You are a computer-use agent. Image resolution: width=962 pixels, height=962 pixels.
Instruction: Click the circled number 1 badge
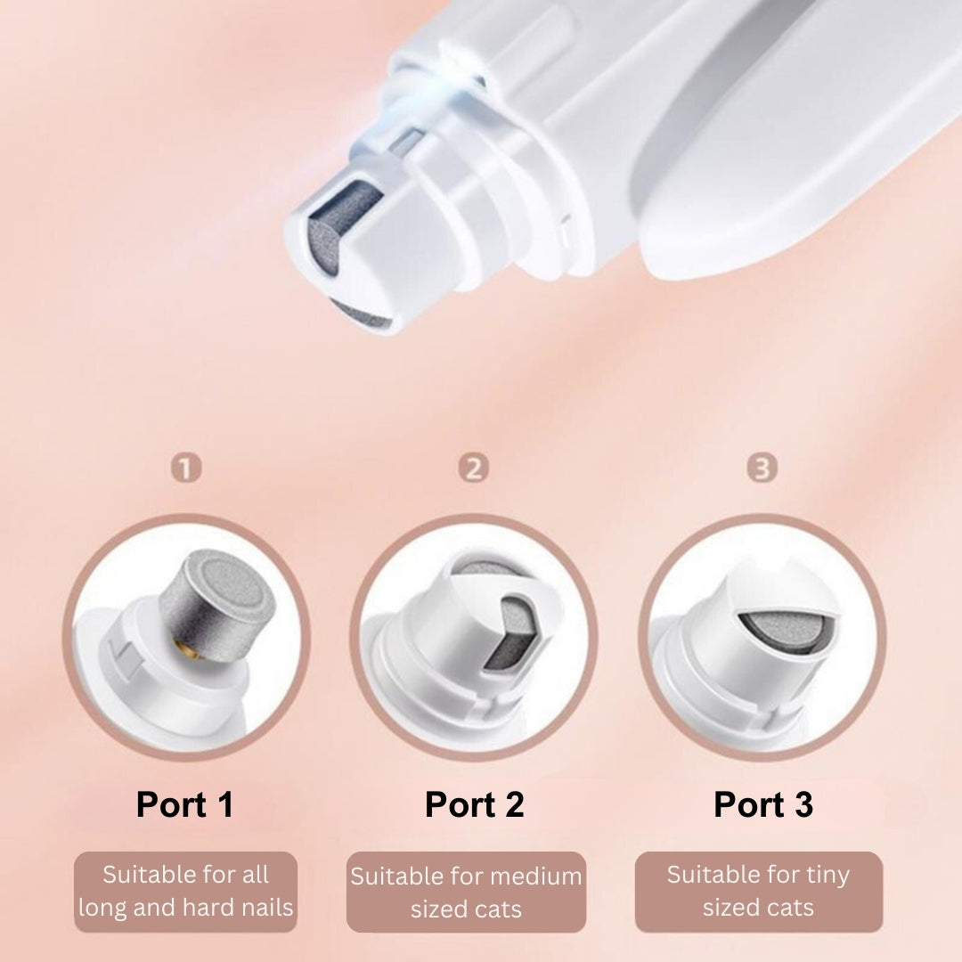pyautogui.click(x=186, y=469)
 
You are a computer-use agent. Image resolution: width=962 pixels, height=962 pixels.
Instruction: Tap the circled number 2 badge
pyautogui.click(x=474, y=469)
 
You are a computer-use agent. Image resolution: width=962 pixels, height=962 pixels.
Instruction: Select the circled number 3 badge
pyautogui.click(x=762, y=469)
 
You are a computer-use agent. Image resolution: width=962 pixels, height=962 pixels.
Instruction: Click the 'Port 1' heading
pyautogui.click(x=185, y=804)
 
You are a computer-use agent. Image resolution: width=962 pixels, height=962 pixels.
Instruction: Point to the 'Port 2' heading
pyautogui.click(x=474, y=804)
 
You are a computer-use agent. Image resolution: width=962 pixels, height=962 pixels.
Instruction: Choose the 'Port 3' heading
pyautogui.click(x=763, y=804)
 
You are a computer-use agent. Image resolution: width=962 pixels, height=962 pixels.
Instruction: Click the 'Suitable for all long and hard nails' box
pyautogui.click(x=186, y=892)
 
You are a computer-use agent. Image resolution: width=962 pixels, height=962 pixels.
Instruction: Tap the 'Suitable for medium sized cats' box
pyautogui.click(x=466, y=892)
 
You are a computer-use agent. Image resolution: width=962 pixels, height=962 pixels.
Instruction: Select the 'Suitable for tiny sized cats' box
pyautogui.click(x=759, y=892)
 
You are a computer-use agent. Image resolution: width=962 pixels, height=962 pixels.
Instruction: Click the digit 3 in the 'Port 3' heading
pyautogui.click(x=803, y=804)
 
